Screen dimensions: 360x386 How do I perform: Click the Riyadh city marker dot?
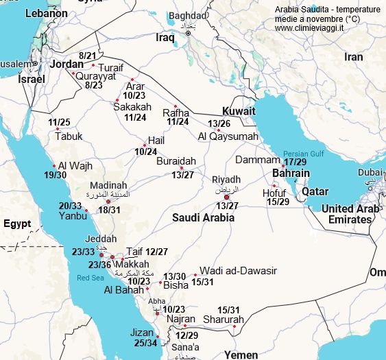click(227, 197)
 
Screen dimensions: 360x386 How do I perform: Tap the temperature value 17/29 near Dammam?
click(295, 162)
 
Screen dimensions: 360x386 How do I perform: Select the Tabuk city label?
click(68, 136)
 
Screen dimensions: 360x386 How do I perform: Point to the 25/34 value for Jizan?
click(146, 342)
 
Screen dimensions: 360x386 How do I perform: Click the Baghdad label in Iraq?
click(189, 15)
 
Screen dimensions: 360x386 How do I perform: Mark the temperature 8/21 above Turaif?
click(88, 55)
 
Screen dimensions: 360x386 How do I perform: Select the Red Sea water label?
click(91, 278)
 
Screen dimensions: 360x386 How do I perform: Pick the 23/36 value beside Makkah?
click(100, 265)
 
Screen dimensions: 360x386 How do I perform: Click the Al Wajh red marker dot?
click(54, 166)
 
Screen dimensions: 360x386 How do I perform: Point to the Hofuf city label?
click(274, 193)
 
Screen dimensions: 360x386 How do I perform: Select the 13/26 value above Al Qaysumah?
click(218, 123)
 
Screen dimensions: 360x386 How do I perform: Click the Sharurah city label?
click(224, 320)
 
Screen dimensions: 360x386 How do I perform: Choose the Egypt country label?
click(18, 224)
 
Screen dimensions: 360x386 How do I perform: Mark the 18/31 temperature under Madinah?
click(109, 210)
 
